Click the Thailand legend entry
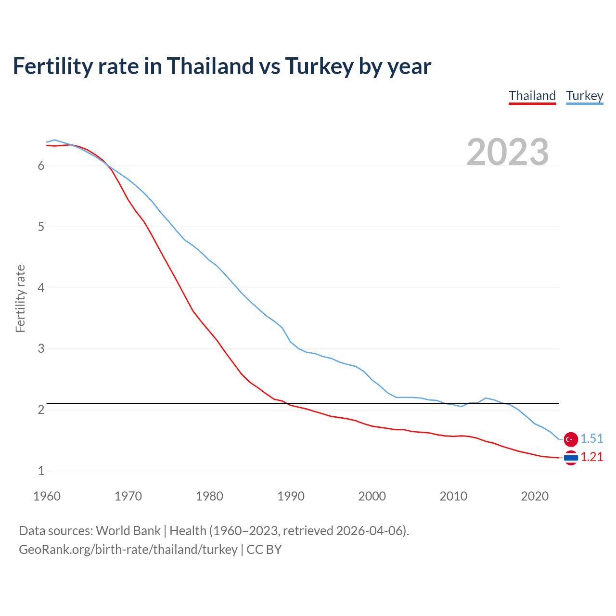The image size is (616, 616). tap(532, 96)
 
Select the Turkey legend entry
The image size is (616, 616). tap(584, 96)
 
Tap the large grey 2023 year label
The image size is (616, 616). tap(507, 152)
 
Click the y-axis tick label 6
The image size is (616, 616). tap(41, 166)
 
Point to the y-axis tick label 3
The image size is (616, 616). tap(41, 348)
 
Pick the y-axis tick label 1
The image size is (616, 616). tap(41, 471)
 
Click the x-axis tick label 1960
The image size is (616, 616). tap(47, 496)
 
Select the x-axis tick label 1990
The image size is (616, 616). tap(291, 496)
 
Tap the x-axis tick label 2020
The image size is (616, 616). tap(535, 496)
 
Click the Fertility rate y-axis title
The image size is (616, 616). tap(20, 298)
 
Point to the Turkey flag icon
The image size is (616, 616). tap(571, 439)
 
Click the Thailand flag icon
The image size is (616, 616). tap(571, 457)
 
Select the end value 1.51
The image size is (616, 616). tap(591, 438)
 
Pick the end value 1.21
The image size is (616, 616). tap(591, 457)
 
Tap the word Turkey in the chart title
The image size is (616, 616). tap(319, 66)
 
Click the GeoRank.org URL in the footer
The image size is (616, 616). tap(128, 549)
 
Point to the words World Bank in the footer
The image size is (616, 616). tap(128, 531)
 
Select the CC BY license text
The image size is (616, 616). tap(264, 549)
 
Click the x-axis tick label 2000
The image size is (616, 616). tap(372, 496)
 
